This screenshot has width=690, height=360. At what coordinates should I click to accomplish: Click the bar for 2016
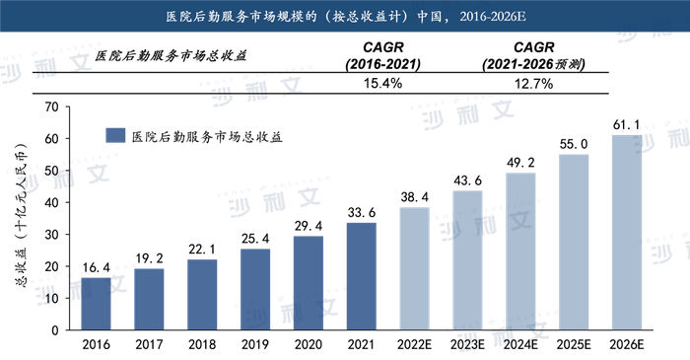[96, 304]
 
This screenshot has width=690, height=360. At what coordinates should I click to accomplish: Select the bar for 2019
[255, 289]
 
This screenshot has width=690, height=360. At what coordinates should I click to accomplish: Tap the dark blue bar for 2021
[362, 276]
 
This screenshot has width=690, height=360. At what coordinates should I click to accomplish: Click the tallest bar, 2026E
[627, 232]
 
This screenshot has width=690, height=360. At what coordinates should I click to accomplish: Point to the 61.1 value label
[627, 123]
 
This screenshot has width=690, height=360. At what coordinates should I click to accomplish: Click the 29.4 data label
[309, 225]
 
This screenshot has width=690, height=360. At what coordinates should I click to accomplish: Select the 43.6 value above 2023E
[467, 180]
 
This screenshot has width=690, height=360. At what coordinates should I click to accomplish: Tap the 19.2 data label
[149, 257]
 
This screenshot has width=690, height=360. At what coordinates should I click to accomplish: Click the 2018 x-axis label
[202, 345]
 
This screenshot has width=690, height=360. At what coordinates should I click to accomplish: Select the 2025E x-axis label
[574, 345]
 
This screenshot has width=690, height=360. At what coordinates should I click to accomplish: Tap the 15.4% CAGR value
[382, 83]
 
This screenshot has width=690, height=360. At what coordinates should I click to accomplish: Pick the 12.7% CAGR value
[533, 83]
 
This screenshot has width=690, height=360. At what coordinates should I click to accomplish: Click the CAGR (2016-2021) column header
[382, 55]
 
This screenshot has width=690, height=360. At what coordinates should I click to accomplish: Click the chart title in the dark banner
[345, 15]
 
